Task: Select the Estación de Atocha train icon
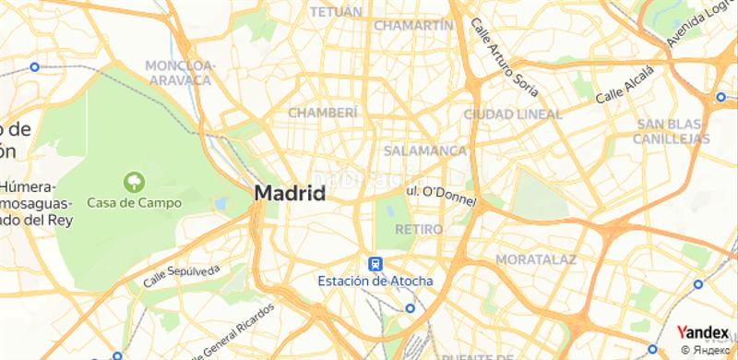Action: click(x=375, y=264)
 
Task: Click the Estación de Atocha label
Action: click(x=375, y=281)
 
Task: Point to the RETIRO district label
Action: click(x=418, y=228)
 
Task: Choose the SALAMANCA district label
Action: click(x=424, y=150)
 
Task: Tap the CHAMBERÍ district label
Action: click(x=322, y=112)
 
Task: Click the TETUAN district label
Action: click(x=335, y=12)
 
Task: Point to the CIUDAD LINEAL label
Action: click(x=513, y=114)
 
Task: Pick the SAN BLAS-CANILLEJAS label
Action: click(x=672, y=131)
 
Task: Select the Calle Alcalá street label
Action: click(x=624, y=85)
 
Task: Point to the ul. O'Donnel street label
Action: click(x=439, y=191)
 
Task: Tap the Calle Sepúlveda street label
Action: click(x=183, y=272)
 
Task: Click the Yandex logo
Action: click(x=703, y=332)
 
